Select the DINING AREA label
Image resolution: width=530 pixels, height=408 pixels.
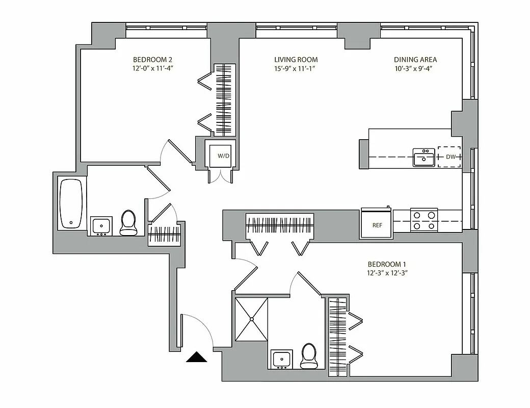click(x=415, y=59)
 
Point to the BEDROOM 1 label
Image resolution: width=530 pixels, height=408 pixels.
click(x=387, y=264)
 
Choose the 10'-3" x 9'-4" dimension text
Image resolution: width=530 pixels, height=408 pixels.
click(x=415, y=68)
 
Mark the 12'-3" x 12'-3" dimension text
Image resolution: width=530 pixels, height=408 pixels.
click(x=387, y=273)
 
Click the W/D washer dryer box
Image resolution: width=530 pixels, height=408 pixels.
click(x=223, y=155)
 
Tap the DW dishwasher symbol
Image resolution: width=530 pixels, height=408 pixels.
click(x=450, y=157)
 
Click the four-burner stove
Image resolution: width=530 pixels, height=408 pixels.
click(x=424, y=220)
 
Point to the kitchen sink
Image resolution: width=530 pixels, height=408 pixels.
click(x=423, y=158)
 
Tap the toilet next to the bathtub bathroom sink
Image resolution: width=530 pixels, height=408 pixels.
click(x=128, y=223)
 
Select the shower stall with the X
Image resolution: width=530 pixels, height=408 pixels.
click(x=251, y=320)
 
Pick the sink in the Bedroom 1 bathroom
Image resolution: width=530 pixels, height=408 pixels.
click(x=281, y=359)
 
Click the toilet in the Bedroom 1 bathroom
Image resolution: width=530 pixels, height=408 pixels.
click(x=308, y=356)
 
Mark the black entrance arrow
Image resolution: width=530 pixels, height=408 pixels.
click(x=197, y=358)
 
